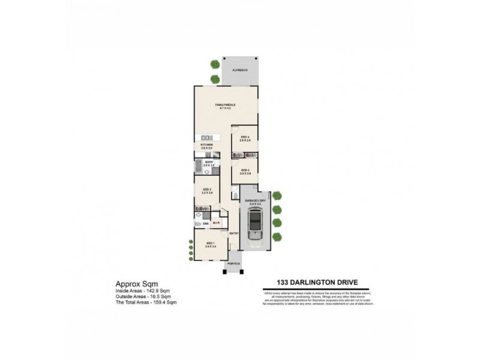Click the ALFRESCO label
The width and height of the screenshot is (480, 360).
point(241,70)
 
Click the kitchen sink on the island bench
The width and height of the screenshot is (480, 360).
point(204,138)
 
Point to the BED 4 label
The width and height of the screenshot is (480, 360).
point(245,137)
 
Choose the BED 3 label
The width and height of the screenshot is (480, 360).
point(245,170)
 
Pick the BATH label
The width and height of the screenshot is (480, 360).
point(209,162)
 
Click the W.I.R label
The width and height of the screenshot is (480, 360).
point(216,223)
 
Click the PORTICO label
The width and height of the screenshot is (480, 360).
point(234,263)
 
